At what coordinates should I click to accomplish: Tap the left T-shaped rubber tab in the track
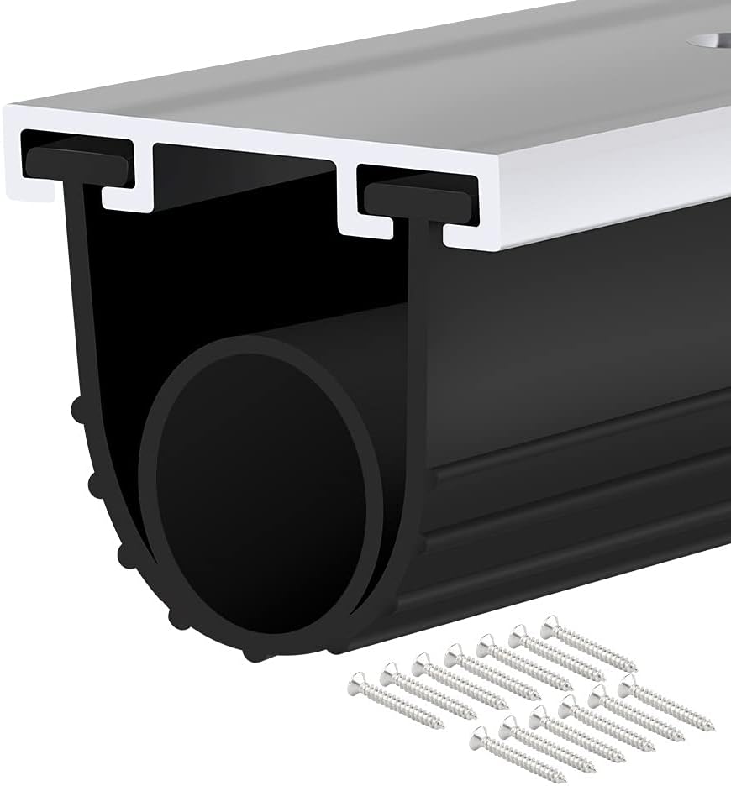pyautogui.click(x=76, y=162)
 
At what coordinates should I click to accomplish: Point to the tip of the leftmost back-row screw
pyautogui.click(x=442, y=725)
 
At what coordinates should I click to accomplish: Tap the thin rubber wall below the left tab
pyautogui.click(x=81, y=252)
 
